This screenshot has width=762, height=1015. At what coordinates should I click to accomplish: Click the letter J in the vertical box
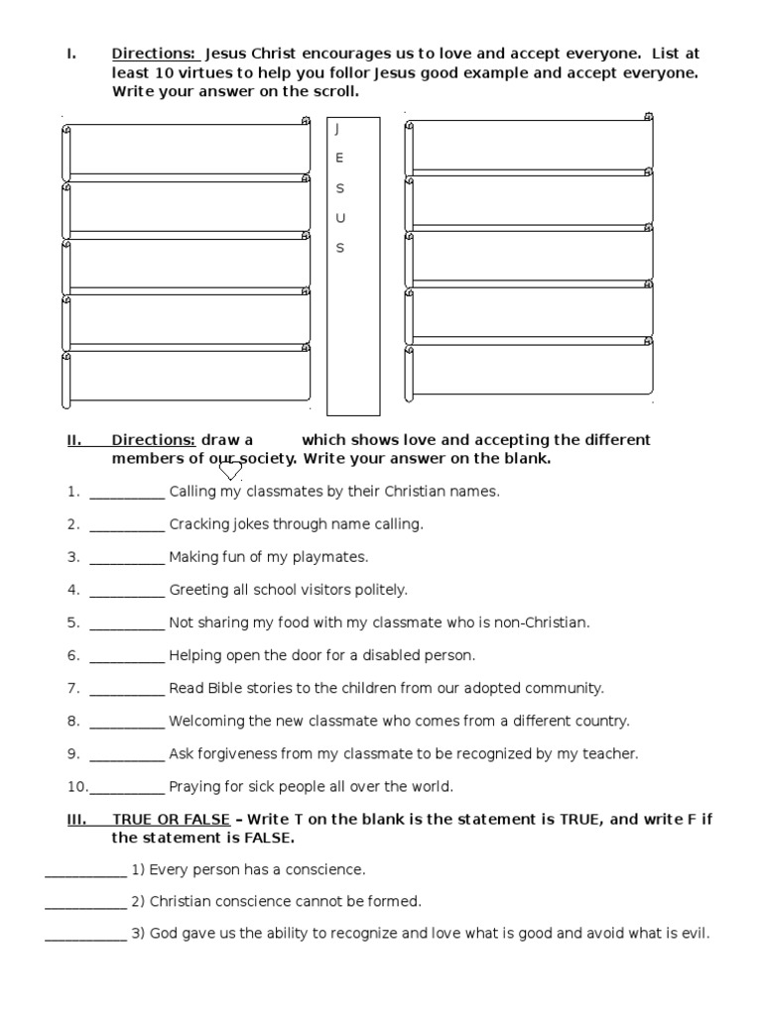pos(338,129)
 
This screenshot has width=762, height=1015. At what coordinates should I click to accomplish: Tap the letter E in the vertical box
pos(339,158)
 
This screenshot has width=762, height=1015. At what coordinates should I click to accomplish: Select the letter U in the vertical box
pos(340,218)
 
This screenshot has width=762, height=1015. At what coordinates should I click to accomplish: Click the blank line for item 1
pos(126,492)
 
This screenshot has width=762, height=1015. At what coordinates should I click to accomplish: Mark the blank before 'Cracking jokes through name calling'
pos(126,524)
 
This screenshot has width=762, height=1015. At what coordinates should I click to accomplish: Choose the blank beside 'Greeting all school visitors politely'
pos(126,590)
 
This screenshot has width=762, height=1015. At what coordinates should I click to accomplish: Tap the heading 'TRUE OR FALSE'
pos(171,820)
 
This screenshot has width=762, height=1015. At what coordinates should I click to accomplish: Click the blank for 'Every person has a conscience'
pos(85,870)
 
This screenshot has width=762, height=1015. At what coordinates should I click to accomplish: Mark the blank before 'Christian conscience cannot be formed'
pos(85,902)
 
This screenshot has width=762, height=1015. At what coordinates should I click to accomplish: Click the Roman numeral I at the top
pos(69,54)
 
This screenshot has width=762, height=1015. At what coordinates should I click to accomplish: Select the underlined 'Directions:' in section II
pos(153,440)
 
